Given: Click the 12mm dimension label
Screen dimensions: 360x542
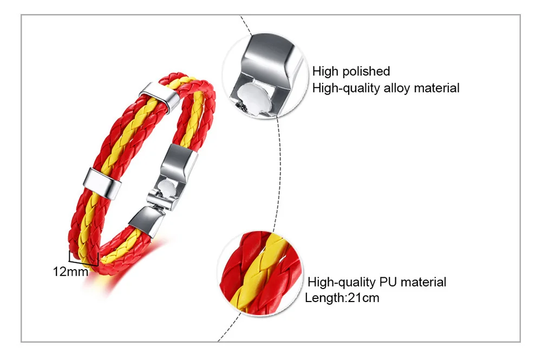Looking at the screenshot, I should coord(70,272).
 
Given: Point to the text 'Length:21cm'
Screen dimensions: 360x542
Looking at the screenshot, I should coord(342,298).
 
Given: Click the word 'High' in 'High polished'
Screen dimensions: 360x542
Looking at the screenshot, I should coord(325,71).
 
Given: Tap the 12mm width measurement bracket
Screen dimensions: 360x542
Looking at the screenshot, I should coord(83,258).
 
